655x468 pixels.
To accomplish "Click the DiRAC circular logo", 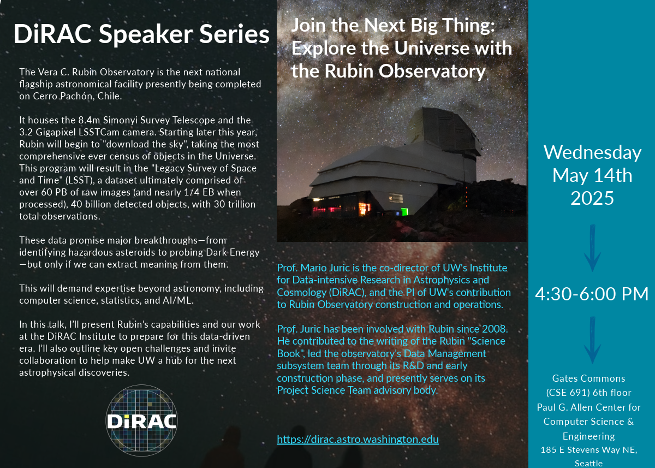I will tap(141, 420).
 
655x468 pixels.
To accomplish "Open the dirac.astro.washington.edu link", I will tap(358, 439).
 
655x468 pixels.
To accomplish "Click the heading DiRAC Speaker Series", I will tap(141, 34).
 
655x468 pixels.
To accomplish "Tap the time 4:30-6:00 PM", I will tap(592, 294).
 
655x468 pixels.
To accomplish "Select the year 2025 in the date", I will tap(592, 198).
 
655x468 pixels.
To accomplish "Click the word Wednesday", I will tap(592, 152).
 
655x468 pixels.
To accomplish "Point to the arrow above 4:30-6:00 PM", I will tap(592, 248).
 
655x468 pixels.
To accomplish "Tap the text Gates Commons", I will tap(588, 378).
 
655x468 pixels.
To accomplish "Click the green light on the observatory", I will tap(404, 211).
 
